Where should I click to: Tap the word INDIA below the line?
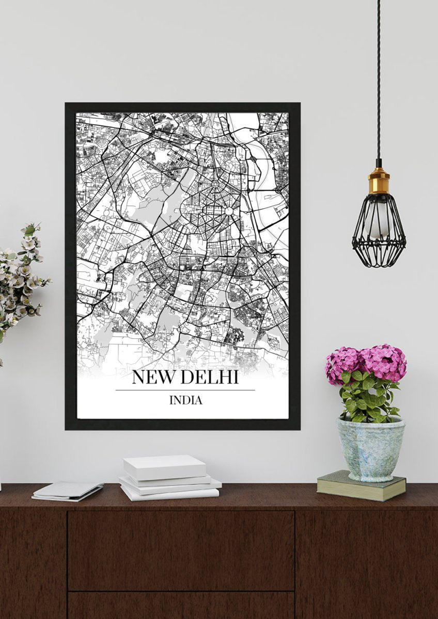[185, 400]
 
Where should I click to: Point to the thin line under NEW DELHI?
[185, 390]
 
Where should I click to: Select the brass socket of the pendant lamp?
[379, 180]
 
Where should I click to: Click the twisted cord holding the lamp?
[379, 77]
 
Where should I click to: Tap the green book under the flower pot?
[361, 485]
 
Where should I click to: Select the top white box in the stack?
[164, 467]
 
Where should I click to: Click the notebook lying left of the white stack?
[68, 491]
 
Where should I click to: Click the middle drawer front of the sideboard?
[181, 550]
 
